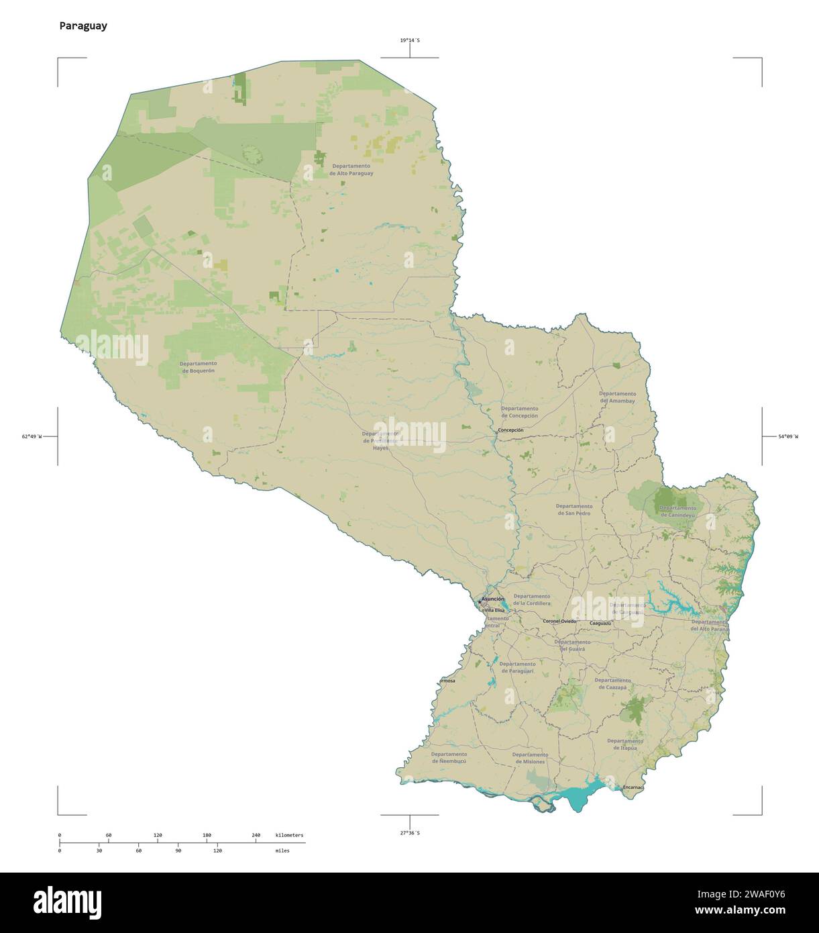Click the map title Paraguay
click(x=83, y=26)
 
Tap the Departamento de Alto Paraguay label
click(x=351, y=169)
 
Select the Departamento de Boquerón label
click(x=198, y=366)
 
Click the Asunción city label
click(x=493, y=598)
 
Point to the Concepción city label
click(x=510, y=430)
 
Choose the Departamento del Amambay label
click(x=617, y=397)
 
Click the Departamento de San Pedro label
click(x=574, y=509)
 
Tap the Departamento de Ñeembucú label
click(x=449, y=758)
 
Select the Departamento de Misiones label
click(x=530, y=758)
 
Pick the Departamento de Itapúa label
click(x=624, y=743)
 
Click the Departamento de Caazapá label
click(x=612, y=683)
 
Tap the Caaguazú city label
click(x=600, y=624)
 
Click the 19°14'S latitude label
click(x=410, y=40)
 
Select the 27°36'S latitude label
click(x=410, y=832)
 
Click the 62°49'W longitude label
click(x=32, y=437)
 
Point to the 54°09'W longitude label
click(x=789, y=437)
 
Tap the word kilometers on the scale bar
click(x=289, y=835)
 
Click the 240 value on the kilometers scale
click(x=256, y=835)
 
